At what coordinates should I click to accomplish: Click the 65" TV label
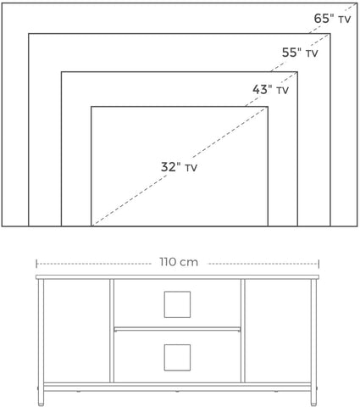pos(332,19)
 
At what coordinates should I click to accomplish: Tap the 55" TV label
pos(300,53)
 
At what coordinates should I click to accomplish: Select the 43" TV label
pos(270,90)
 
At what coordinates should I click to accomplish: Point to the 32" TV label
pos(179,167)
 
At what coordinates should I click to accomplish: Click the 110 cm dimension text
pos(179,262)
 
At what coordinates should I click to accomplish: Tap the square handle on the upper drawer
pos(177,304)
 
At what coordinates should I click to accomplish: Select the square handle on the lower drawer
pos(177,358)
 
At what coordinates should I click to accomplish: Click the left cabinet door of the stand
pos(76,331)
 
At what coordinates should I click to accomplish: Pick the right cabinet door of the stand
pos(278,331)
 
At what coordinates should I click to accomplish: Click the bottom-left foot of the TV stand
pos(41,399)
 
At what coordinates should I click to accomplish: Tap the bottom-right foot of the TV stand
pos(313,399)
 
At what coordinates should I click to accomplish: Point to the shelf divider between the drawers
pos(177,329)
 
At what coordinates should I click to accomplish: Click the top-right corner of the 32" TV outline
pos(268,107)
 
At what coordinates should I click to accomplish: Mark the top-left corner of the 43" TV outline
pos(62,72)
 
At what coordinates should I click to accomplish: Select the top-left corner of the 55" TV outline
pos(29,34)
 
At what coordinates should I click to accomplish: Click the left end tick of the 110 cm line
pos(36,264)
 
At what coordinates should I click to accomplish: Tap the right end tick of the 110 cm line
pos(318,264)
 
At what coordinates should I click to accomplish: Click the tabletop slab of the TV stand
pos(177,277)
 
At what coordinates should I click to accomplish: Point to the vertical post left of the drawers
pos(112,331)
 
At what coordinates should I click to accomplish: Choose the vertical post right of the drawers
pos(243,331)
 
